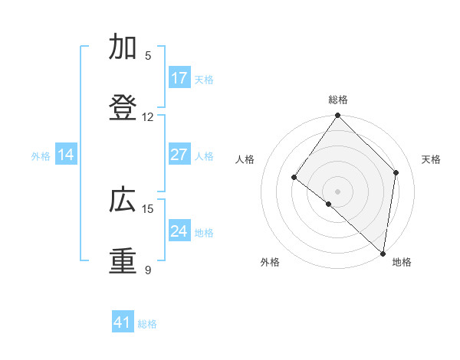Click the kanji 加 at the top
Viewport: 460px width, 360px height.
tap(123, 47)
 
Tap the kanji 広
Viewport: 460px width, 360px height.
tap(123, 201)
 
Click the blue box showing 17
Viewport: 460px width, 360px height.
tap(179, 78)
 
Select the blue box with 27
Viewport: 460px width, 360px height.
tap(179, 155)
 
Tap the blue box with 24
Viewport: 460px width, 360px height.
tap(179, 231)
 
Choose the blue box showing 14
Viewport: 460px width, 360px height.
tap(66, 155)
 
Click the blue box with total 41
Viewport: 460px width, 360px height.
tap(123, 322)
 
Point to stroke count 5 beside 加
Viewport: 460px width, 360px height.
tap(148, 56)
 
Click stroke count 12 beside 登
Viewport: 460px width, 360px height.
tap(148, 117)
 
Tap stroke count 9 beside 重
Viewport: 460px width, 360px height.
tap(148, 270)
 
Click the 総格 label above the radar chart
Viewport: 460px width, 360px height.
tap(338, 100)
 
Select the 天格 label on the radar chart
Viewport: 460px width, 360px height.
tap(431, 159)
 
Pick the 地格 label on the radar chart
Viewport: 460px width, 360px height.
tap(402, 263)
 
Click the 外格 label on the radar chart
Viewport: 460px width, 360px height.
tap(270, 263)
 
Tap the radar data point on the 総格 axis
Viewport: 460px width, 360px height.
tap(338, 116)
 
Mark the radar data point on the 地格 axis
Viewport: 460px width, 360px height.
tap(383, 253)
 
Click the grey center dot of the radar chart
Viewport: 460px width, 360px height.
tap(337, 191)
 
